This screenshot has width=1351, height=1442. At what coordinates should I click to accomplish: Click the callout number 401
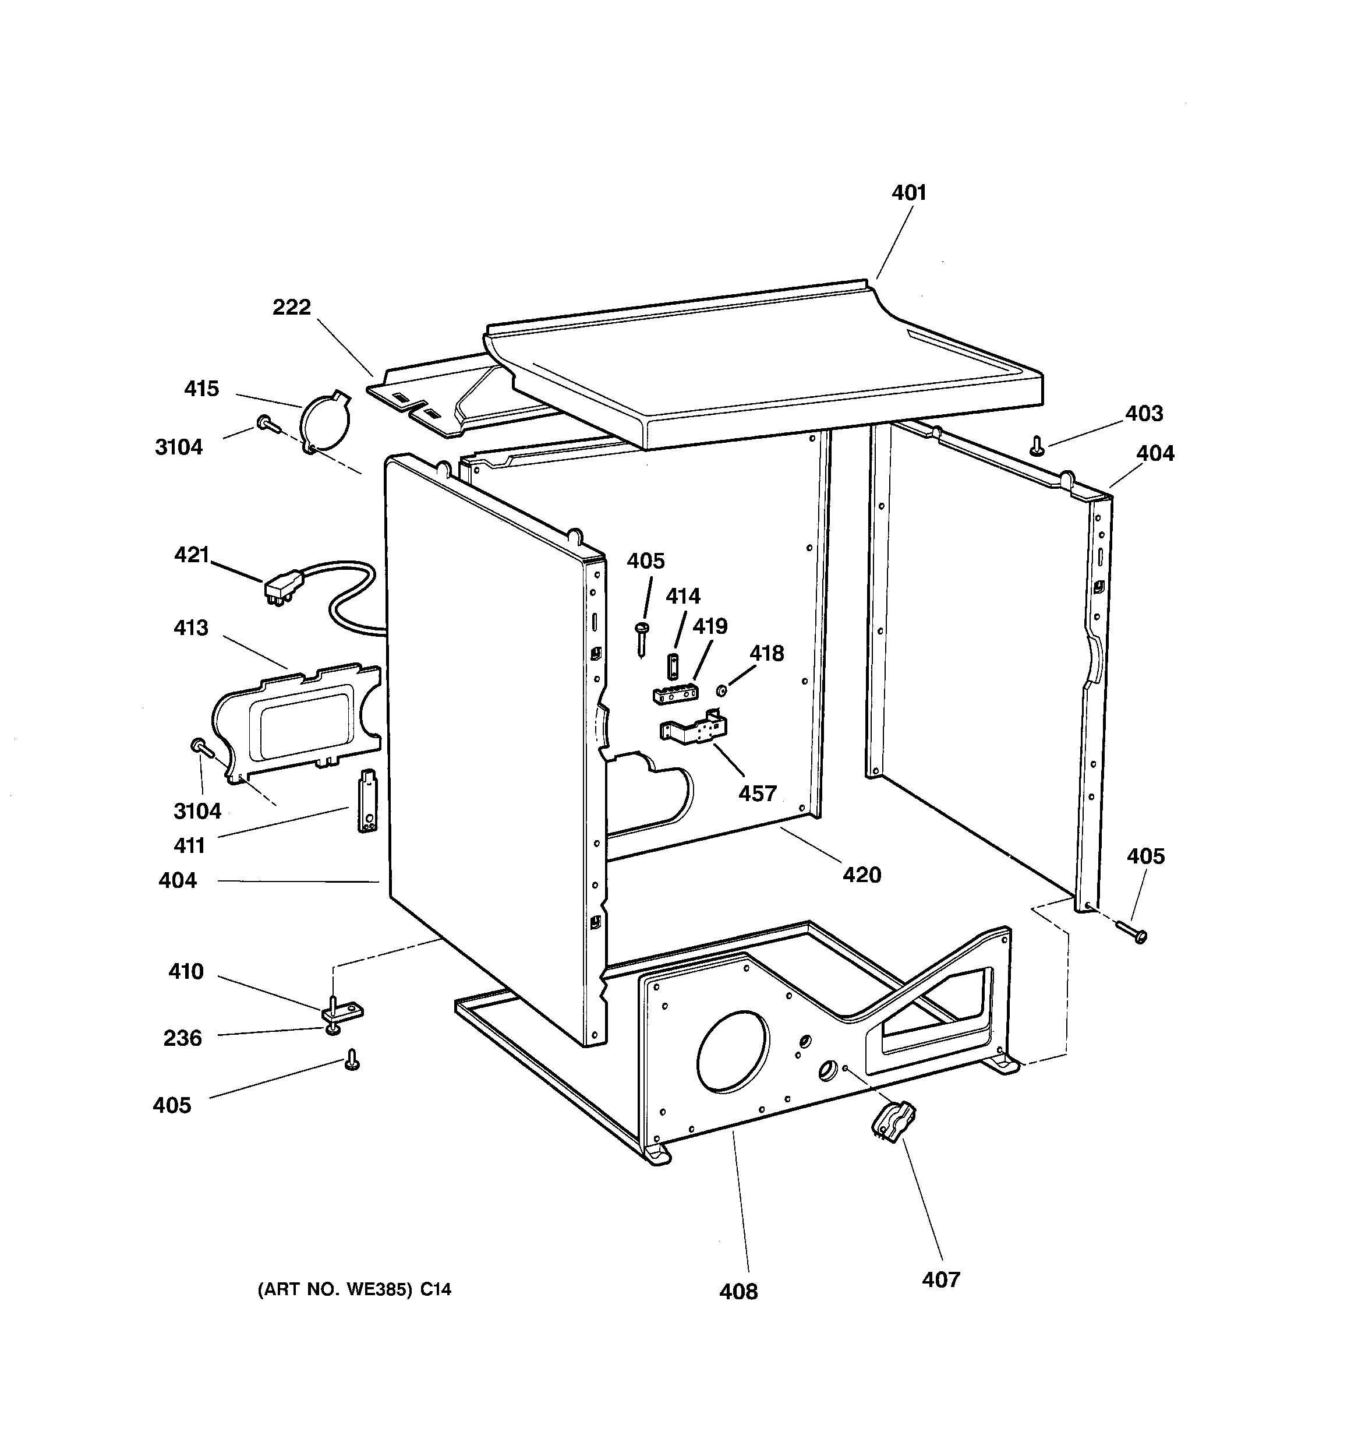point(908,193)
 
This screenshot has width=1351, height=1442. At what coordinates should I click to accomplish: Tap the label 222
point(292,308)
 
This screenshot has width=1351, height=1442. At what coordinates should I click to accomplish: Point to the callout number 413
point(191,627)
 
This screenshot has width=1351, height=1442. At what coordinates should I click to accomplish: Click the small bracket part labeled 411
point(369,802)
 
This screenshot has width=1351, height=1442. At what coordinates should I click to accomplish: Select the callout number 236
point(182,1038)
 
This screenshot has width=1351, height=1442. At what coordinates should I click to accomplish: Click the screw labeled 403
point(1037,445)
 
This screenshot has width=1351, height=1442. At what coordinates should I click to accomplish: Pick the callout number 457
point(757,794)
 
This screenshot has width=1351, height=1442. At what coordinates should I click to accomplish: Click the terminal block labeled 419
point(675,694)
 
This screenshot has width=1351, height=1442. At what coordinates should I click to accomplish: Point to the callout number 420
point(861,875)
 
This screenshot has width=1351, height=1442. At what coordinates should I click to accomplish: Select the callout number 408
point(738,1292)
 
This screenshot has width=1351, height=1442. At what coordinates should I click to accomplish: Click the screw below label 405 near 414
point(642,639)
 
